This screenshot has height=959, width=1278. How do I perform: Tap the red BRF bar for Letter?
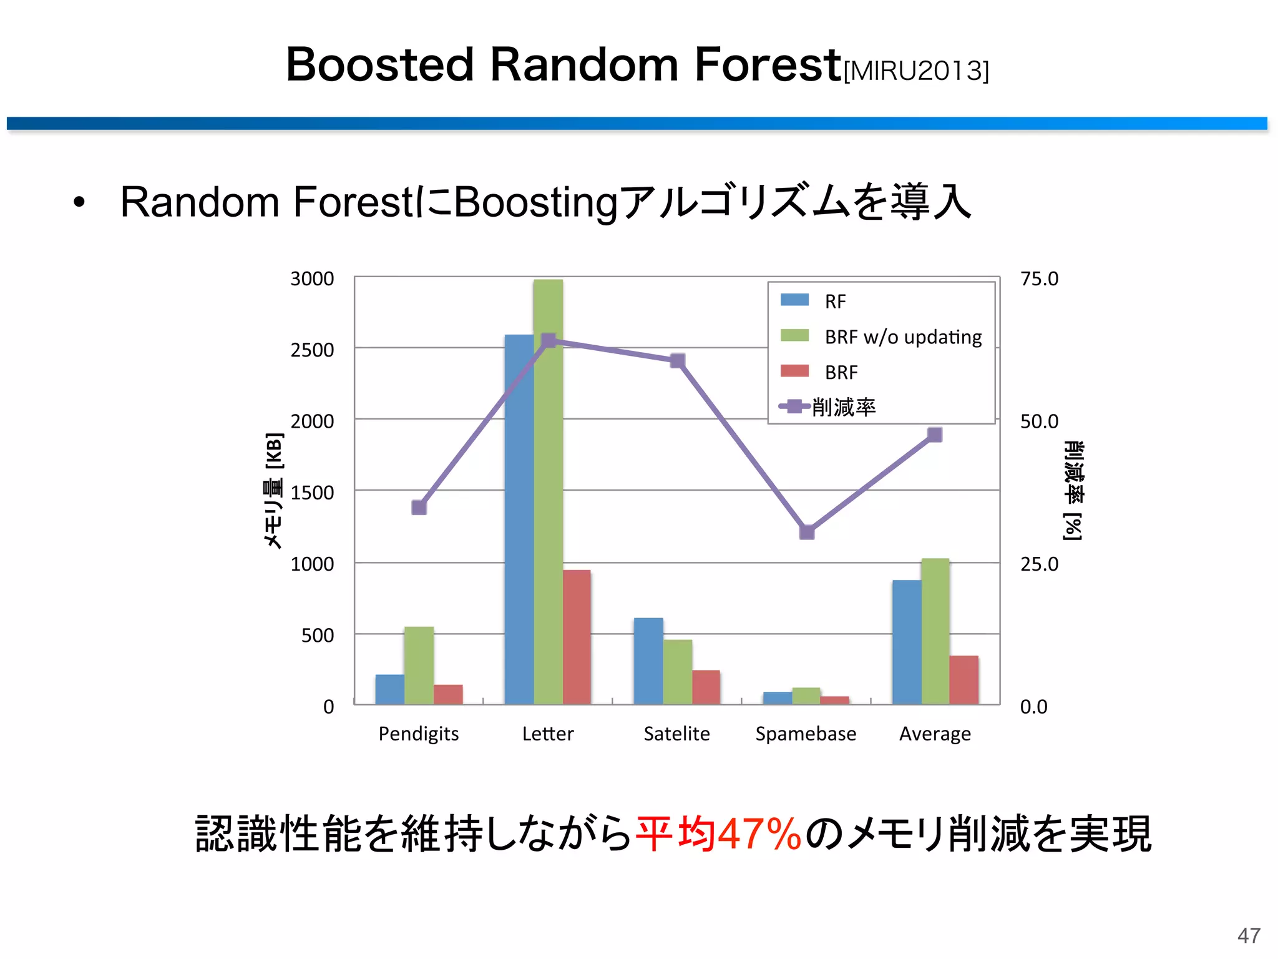(577, 637)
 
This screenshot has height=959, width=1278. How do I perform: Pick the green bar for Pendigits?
(419, 666)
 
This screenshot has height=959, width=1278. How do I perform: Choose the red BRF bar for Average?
(964, 680)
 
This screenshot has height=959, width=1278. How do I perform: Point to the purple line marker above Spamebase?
(807, 532)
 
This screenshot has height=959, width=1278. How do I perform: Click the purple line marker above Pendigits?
(419, 507)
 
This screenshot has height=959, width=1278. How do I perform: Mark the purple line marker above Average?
(934, 435)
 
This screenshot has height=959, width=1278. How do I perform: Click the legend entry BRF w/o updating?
(902, 337)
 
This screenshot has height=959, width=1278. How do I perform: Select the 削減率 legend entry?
(844, 407)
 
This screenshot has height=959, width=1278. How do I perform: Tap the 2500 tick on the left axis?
(312, 350)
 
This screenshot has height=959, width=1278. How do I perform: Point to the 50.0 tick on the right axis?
(1039, 421)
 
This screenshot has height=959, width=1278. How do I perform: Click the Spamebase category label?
(806, 734)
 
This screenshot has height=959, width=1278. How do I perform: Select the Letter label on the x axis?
(547, 734)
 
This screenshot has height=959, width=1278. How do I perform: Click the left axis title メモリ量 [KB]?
(274, 491)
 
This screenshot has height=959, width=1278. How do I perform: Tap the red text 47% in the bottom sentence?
(759, 834)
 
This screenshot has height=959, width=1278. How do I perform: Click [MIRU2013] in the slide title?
(915, 71)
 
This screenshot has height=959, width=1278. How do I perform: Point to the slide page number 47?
(1249, 935)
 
